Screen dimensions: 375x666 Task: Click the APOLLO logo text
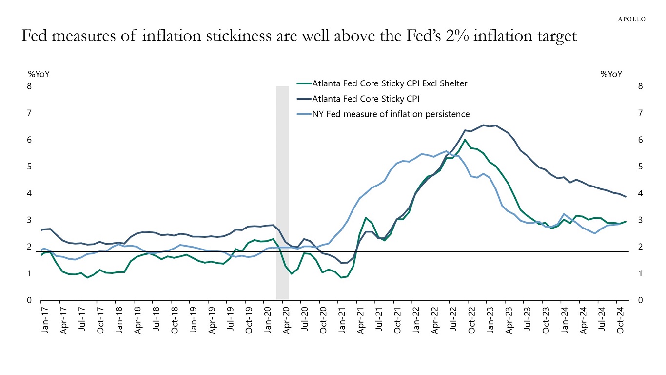632,19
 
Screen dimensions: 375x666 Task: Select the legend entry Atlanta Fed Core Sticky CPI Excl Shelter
389,83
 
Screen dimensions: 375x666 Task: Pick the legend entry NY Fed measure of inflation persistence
391,114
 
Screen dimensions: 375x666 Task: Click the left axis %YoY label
39,74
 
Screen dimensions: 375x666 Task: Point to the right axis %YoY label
611,74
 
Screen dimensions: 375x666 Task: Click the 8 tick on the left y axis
29,86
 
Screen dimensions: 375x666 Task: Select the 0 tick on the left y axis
29,300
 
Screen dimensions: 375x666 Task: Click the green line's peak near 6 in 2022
465,140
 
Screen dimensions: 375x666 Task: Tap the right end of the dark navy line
626,197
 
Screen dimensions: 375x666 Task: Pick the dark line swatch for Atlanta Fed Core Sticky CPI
304,99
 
